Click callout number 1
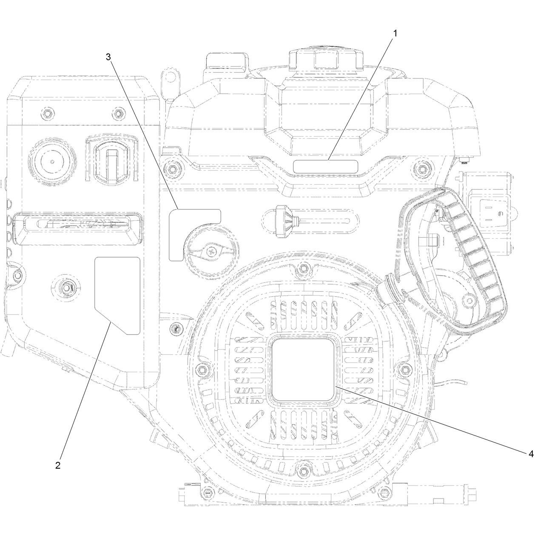[395, 34]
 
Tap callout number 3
[108, 57]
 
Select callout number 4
[531, 454]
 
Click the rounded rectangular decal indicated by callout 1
[326, 167]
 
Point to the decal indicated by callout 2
[117, 296]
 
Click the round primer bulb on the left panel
[52, 161]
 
